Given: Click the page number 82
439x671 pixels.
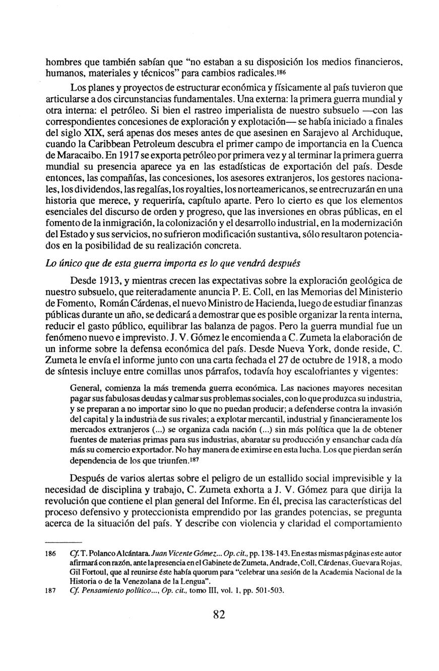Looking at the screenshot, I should click(x=219, y=614).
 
